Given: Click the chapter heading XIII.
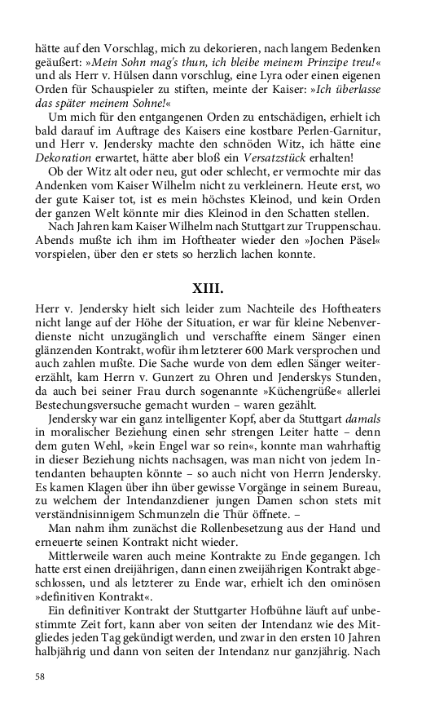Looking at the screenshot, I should pyautogui.click(x=223, y=290).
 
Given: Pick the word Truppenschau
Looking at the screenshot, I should pyautogui.click(x=369, y=222).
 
